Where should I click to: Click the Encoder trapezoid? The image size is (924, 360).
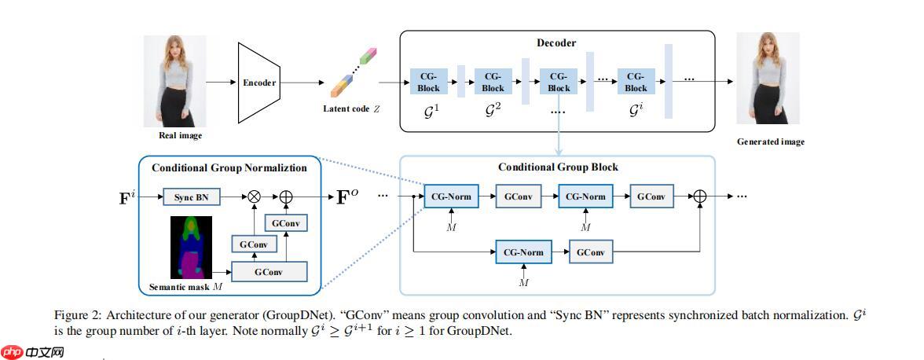pos(259,83)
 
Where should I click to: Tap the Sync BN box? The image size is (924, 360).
pos(191,197)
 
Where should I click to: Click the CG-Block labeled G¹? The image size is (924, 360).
pos(428,82)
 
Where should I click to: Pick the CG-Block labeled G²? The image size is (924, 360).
pos(493,82)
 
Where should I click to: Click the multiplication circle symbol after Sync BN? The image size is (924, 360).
pos(254,197)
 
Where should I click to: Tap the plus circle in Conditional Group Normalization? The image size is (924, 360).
pos(286,197)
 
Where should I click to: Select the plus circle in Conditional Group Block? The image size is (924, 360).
pos(699,197)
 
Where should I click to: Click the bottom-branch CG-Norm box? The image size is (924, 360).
pos(519,253)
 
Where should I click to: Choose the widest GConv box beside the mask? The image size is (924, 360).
pos(268,271)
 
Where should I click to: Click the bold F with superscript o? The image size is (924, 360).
pos(345,197)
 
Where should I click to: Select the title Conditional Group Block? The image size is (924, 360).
pos(558,167)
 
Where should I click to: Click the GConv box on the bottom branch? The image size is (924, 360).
pos(590,253)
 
